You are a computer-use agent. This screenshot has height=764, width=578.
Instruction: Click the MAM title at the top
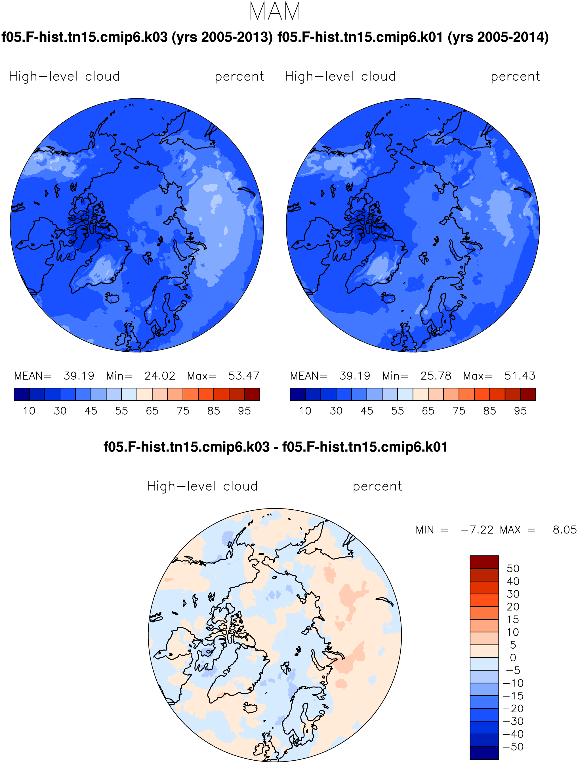pyautogui.click(x=275, y=11)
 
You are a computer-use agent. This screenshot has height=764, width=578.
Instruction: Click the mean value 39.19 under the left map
pyautogui.click(x=79, y=376)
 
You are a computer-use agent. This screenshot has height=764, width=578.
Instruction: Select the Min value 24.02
pyautogui.click(x=160, y=376)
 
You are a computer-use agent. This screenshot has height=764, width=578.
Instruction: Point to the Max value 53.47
pyautogui.click(x=243, y=376)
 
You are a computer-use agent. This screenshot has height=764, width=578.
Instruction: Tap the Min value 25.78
pyautogui.click(x=436, y=376)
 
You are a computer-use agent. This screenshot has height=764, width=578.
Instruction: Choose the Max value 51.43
pyautogui.click(x=520, y=376)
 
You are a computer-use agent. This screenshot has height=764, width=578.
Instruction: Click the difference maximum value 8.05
pyautogui.click(x=565, y=530)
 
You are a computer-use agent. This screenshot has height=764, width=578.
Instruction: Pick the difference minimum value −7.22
pyautogui.click(x=477, y=530)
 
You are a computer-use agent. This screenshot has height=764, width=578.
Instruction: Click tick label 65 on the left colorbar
pyautogui.click(x=152, y=411)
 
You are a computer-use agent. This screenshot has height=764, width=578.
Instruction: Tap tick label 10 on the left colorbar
pyautogui.click(x=29, y=411)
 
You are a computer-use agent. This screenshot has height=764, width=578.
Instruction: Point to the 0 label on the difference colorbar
pyautogui.click(x=513, y=658)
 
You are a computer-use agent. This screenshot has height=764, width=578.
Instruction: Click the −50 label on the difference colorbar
pyautogui.click(x=513, y=747)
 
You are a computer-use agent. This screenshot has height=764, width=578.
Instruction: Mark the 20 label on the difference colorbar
pyautogui.click(x=513, y=607)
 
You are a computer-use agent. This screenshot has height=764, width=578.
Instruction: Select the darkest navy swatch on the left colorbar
pyautogui.click(x=22, y=394)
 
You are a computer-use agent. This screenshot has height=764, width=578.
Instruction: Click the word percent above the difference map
pyautogui.click(x=377, y=487)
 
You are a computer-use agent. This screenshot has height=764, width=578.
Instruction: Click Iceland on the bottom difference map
pyautogui.click(x=251, y=708)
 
